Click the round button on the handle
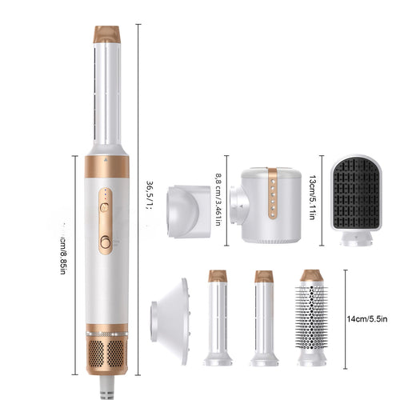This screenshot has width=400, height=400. pyautogui.click(x=105, y=242)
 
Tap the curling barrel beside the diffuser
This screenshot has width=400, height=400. pyautogui.click(x=218, y=318)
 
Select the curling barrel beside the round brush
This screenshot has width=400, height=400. pyautogui.click(x=264, y=318)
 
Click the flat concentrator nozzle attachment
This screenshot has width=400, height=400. pyautogui.click(x=189, y=210)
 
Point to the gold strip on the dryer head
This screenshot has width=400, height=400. pyautogui.click(x=273, y=195)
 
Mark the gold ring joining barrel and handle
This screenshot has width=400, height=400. pyautogui.click(x=106, y=165)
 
